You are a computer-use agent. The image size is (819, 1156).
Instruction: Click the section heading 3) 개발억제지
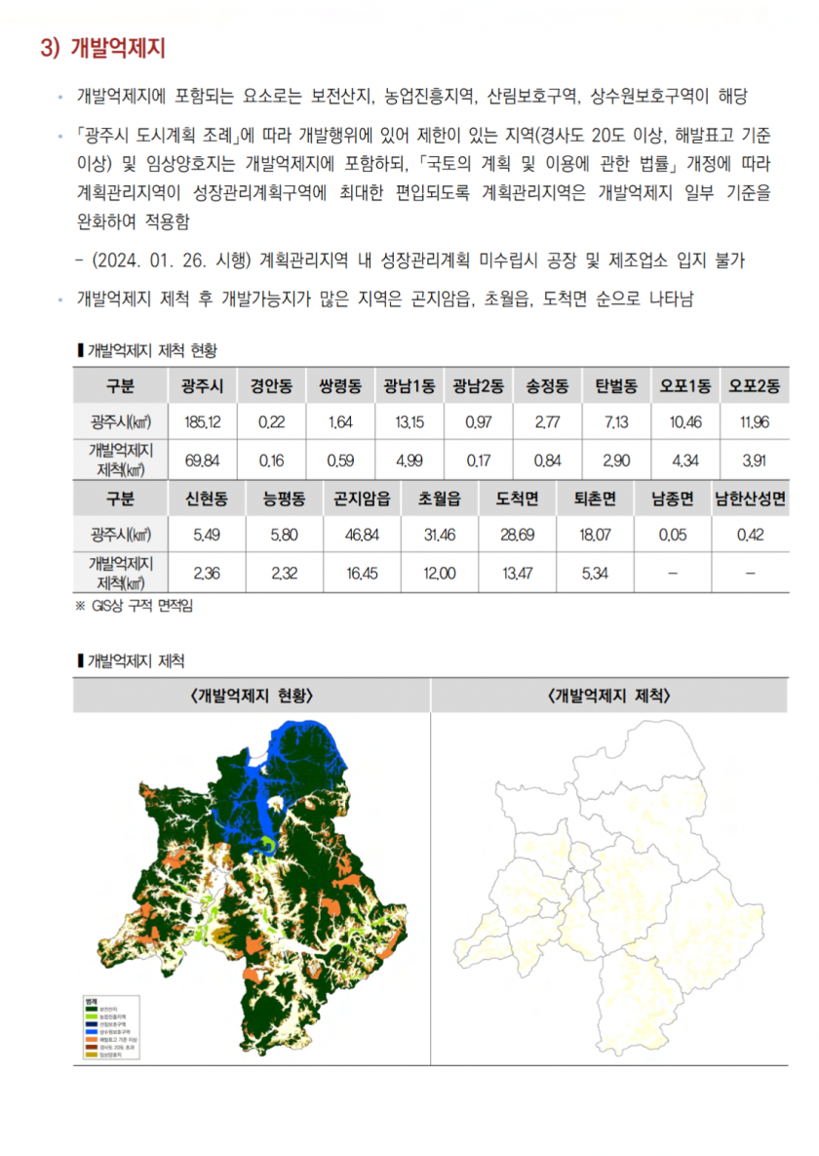pyautogui.click(x=102, y=49)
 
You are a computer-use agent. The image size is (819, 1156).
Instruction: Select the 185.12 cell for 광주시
pyautogui.click(x=202, y=422)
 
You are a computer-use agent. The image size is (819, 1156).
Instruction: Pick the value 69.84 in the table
pyautogui.click(x=202, y=459)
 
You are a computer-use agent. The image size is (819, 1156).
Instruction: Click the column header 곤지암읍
pyautogui.click(x=362, y=498)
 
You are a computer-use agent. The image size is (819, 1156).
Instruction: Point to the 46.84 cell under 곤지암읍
pyautogui.click(x=362, y=535)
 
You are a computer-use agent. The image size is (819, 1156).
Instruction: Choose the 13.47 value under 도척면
pyautogui.click(x=517, y=574)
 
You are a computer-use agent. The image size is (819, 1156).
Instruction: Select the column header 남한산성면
pyautogui.click(x=750, y=498)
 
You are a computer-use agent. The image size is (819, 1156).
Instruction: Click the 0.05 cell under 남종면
pyautogui.click(x=672, y=535)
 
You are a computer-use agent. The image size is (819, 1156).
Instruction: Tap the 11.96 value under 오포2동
pyautogui.click(x=755, y=422)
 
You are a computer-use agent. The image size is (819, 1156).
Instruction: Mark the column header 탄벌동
pyautogui.click(x=616, y=385)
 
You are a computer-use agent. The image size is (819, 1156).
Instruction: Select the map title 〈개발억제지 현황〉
pyautogui.click(x=253, y=696)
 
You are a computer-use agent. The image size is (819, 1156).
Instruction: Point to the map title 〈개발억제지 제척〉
pyautogui.click(x=609, y=696)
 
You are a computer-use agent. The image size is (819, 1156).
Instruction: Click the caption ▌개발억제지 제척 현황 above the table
pyautogui.click(x=146, y=349)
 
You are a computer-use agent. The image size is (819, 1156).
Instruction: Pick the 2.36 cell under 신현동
pyautogui.click(x=207, y=574)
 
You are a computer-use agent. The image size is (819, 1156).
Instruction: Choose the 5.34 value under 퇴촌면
pyautogui.click(x=595, y=574)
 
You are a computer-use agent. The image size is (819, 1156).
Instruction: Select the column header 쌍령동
pyautogui.click(x=340, y=385)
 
